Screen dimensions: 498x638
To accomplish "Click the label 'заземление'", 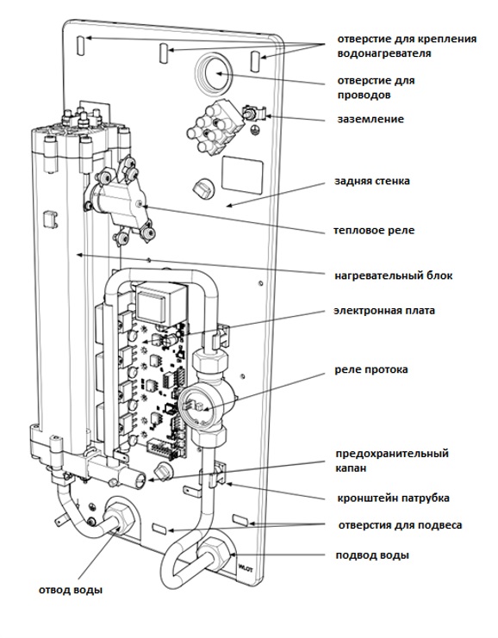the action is click(x=370, y=119).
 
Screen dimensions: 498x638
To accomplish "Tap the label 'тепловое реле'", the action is click(x=374, y=230).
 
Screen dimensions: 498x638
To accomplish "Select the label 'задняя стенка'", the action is click(x=372, y=181).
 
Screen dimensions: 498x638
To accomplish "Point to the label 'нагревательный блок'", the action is click(x=394, y=276).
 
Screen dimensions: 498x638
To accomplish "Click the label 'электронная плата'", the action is click(x=384, y=311).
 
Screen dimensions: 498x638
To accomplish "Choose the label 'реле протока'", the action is click(x=371, y=369).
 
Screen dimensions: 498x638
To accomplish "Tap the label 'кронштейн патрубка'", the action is click(x=394, y=498).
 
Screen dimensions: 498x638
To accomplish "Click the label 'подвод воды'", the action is click(x=372, y=555).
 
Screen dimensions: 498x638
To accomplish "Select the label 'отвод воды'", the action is click(x=71, y=590).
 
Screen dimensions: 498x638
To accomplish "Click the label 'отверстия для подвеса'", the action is click(x=400, y=525).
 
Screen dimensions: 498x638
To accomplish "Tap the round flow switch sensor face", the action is click(x=195, y=406).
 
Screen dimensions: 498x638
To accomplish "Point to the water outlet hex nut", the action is click(x=120, y=517).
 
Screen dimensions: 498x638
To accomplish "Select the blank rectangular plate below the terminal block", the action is click(x=242, y=176).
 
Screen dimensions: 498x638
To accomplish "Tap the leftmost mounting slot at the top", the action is click(x=81, y=45).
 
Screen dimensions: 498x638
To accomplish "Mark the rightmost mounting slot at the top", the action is click(x=256, y=61).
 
